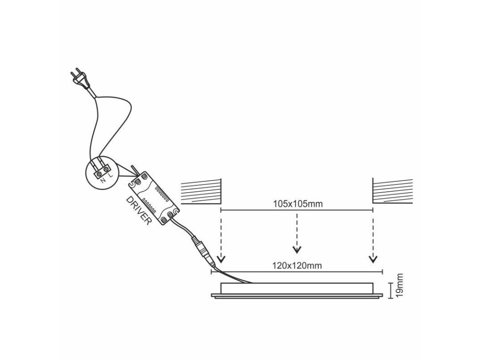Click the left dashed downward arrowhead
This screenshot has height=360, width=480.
[x=221, y=259]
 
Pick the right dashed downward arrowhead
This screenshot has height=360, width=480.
[x=373, y=259]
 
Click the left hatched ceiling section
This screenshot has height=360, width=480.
[x=201, y=192]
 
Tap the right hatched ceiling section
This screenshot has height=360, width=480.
[x=392, y=192]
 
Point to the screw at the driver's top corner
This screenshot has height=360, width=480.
[x=139, y=180]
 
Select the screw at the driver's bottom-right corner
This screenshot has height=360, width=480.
[x=174, y=212]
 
